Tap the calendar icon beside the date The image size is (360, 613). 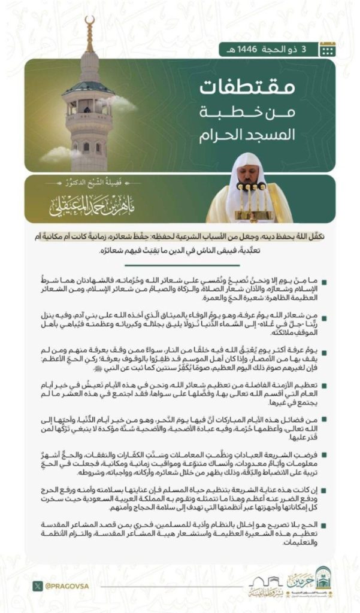point(327,50)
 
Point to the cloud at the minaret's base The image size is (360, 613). point(60,154)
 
